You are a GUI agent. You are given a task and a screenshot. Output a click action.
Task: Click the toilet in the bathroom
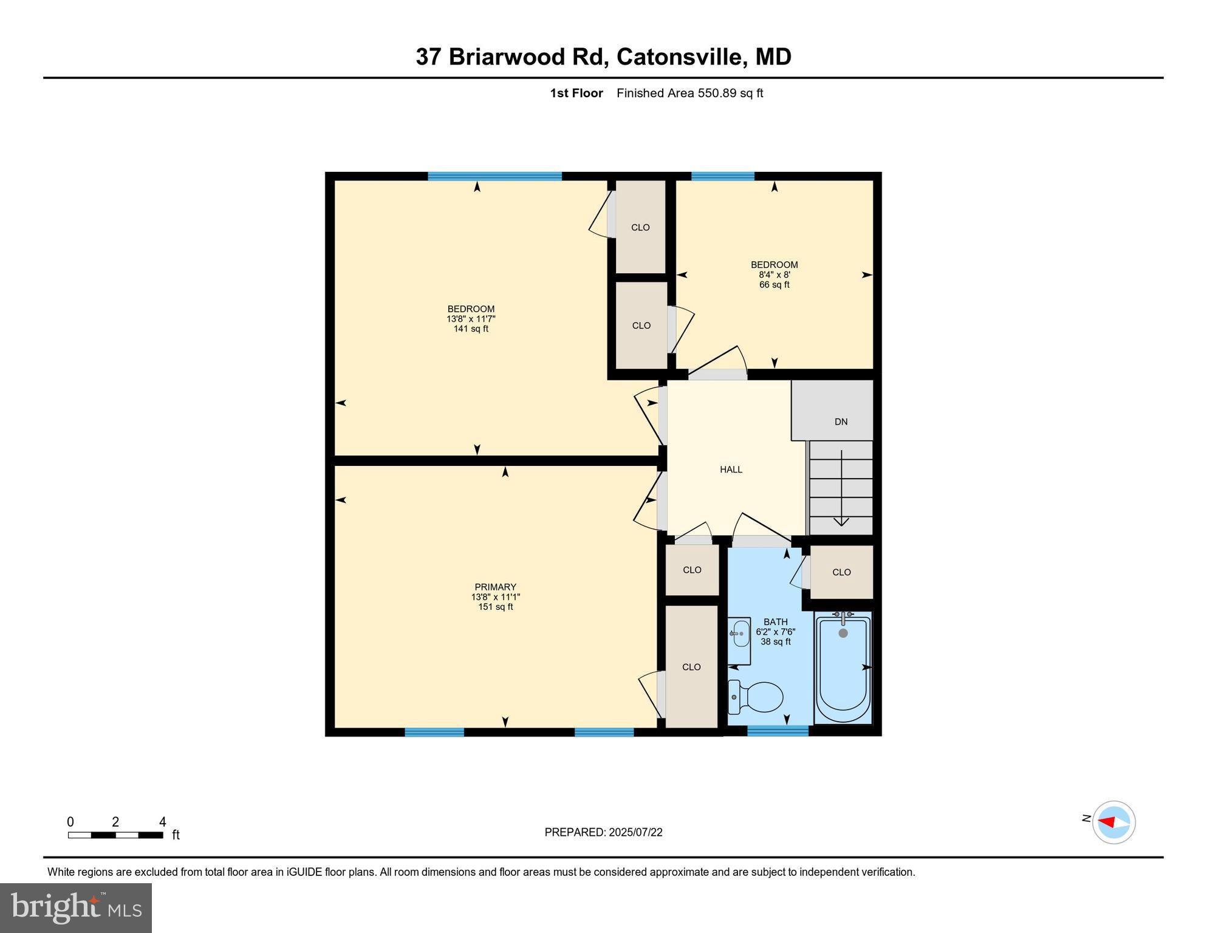(757, 697)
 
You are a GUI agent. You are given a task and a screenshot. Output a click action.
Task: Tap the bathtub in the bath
(843, 668)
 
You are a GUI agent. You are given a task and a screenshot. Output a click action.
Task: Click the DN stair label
(841, 422)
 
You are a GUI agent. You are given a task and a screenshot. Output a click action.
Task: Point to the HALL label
(731, 470)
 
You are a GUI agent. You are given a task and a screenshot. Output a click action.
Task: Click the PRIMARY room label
(495, 587)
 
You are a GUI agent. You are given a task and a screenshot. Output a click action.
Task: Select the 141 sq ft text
(471, 329)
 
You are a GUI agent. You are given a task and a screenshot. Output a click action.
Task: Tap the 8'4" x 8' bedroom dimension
(774, 275)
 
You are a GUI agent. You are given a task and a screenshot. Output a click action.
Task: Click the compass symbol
(1113, 822)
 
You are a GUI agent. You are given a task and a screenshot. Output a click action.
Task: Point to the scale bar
(115, 835)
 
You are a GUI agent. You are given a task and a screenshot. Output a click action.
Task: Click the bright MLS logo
(76, 907)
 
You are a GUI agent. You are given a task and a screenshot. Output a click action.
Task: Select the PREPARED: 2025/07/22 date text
(603, 832)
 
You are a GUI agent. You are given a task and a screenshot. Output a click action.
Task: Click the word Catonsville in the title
(681, 56)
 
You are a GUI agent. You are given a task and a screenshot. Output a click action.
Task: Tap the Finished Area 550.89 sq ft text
(689, 93)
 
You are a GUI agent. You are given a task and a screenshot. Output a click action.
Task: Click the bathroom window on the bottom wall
(778, 731)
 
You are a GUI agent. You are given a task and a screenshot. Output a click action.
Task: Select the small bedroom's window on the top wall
(722, 176)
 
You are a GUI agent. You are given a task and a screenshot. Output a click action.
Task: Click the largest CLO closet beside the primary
(691, 666)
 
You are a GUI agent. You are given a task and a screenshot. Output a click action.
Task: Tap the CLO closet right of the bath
(841, 572)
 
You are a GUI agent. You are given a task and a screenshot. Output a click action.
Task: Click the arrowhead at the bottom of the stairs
(841, 522)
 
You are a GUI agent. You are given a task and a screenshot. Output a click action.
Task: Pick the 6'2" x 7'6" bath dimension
(776, 632)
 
